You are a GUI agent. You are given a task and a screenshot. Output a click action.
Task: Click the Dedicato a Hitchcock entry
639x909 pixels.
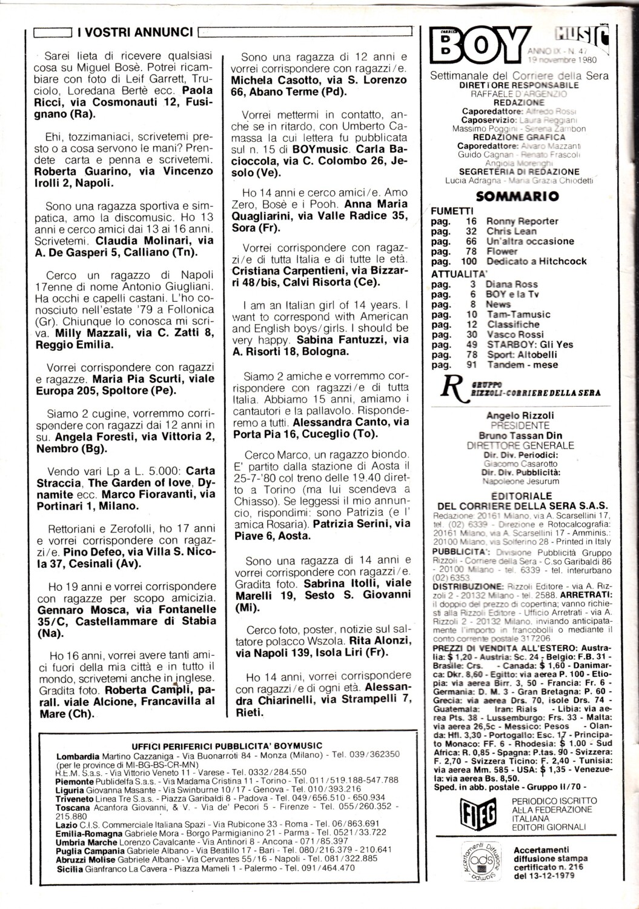536,261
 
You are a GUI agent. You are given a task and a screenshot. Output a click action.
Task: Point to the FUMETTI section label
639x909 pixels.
452,211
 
